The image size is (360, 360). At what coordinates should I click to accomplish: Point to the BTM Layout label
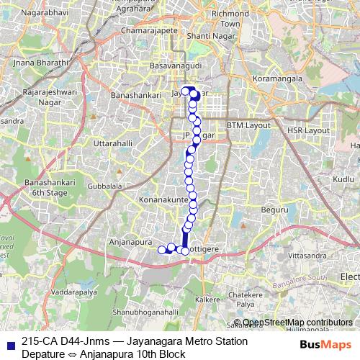coord(247,125)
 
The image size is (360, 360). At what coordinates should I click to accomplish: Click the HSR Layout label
coord(307,130)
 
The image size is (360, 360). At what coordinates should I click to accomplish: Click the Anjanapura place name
coord(129,243)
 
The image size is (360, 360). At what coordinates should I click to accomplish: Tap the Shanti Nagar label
coord(207,35)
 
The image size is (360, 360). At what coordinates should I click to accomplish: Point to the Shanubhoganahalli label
coord(145,312)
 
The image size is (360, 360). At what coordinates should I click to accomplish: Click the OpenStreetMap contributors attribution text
coord(297,323)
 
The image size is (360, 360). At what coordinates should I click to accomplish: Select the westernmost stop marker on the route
coord(162,250)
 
